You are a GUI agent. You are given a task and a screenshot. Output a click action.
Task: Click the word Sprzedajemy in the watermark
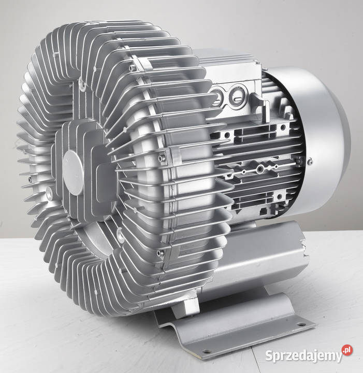[303, 356]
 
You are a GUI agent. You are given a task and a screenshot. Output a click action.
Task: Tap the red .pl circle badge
[347, 350]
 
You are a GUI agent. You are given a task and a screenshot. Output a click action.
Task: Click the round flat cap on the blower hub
[72, 173]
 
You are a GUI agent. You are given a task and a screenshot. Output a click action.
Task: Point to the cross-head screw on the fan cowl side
[310, 162]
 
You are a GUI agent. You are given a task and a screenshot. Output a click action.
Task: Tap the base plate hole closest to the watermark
[301, 324]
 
